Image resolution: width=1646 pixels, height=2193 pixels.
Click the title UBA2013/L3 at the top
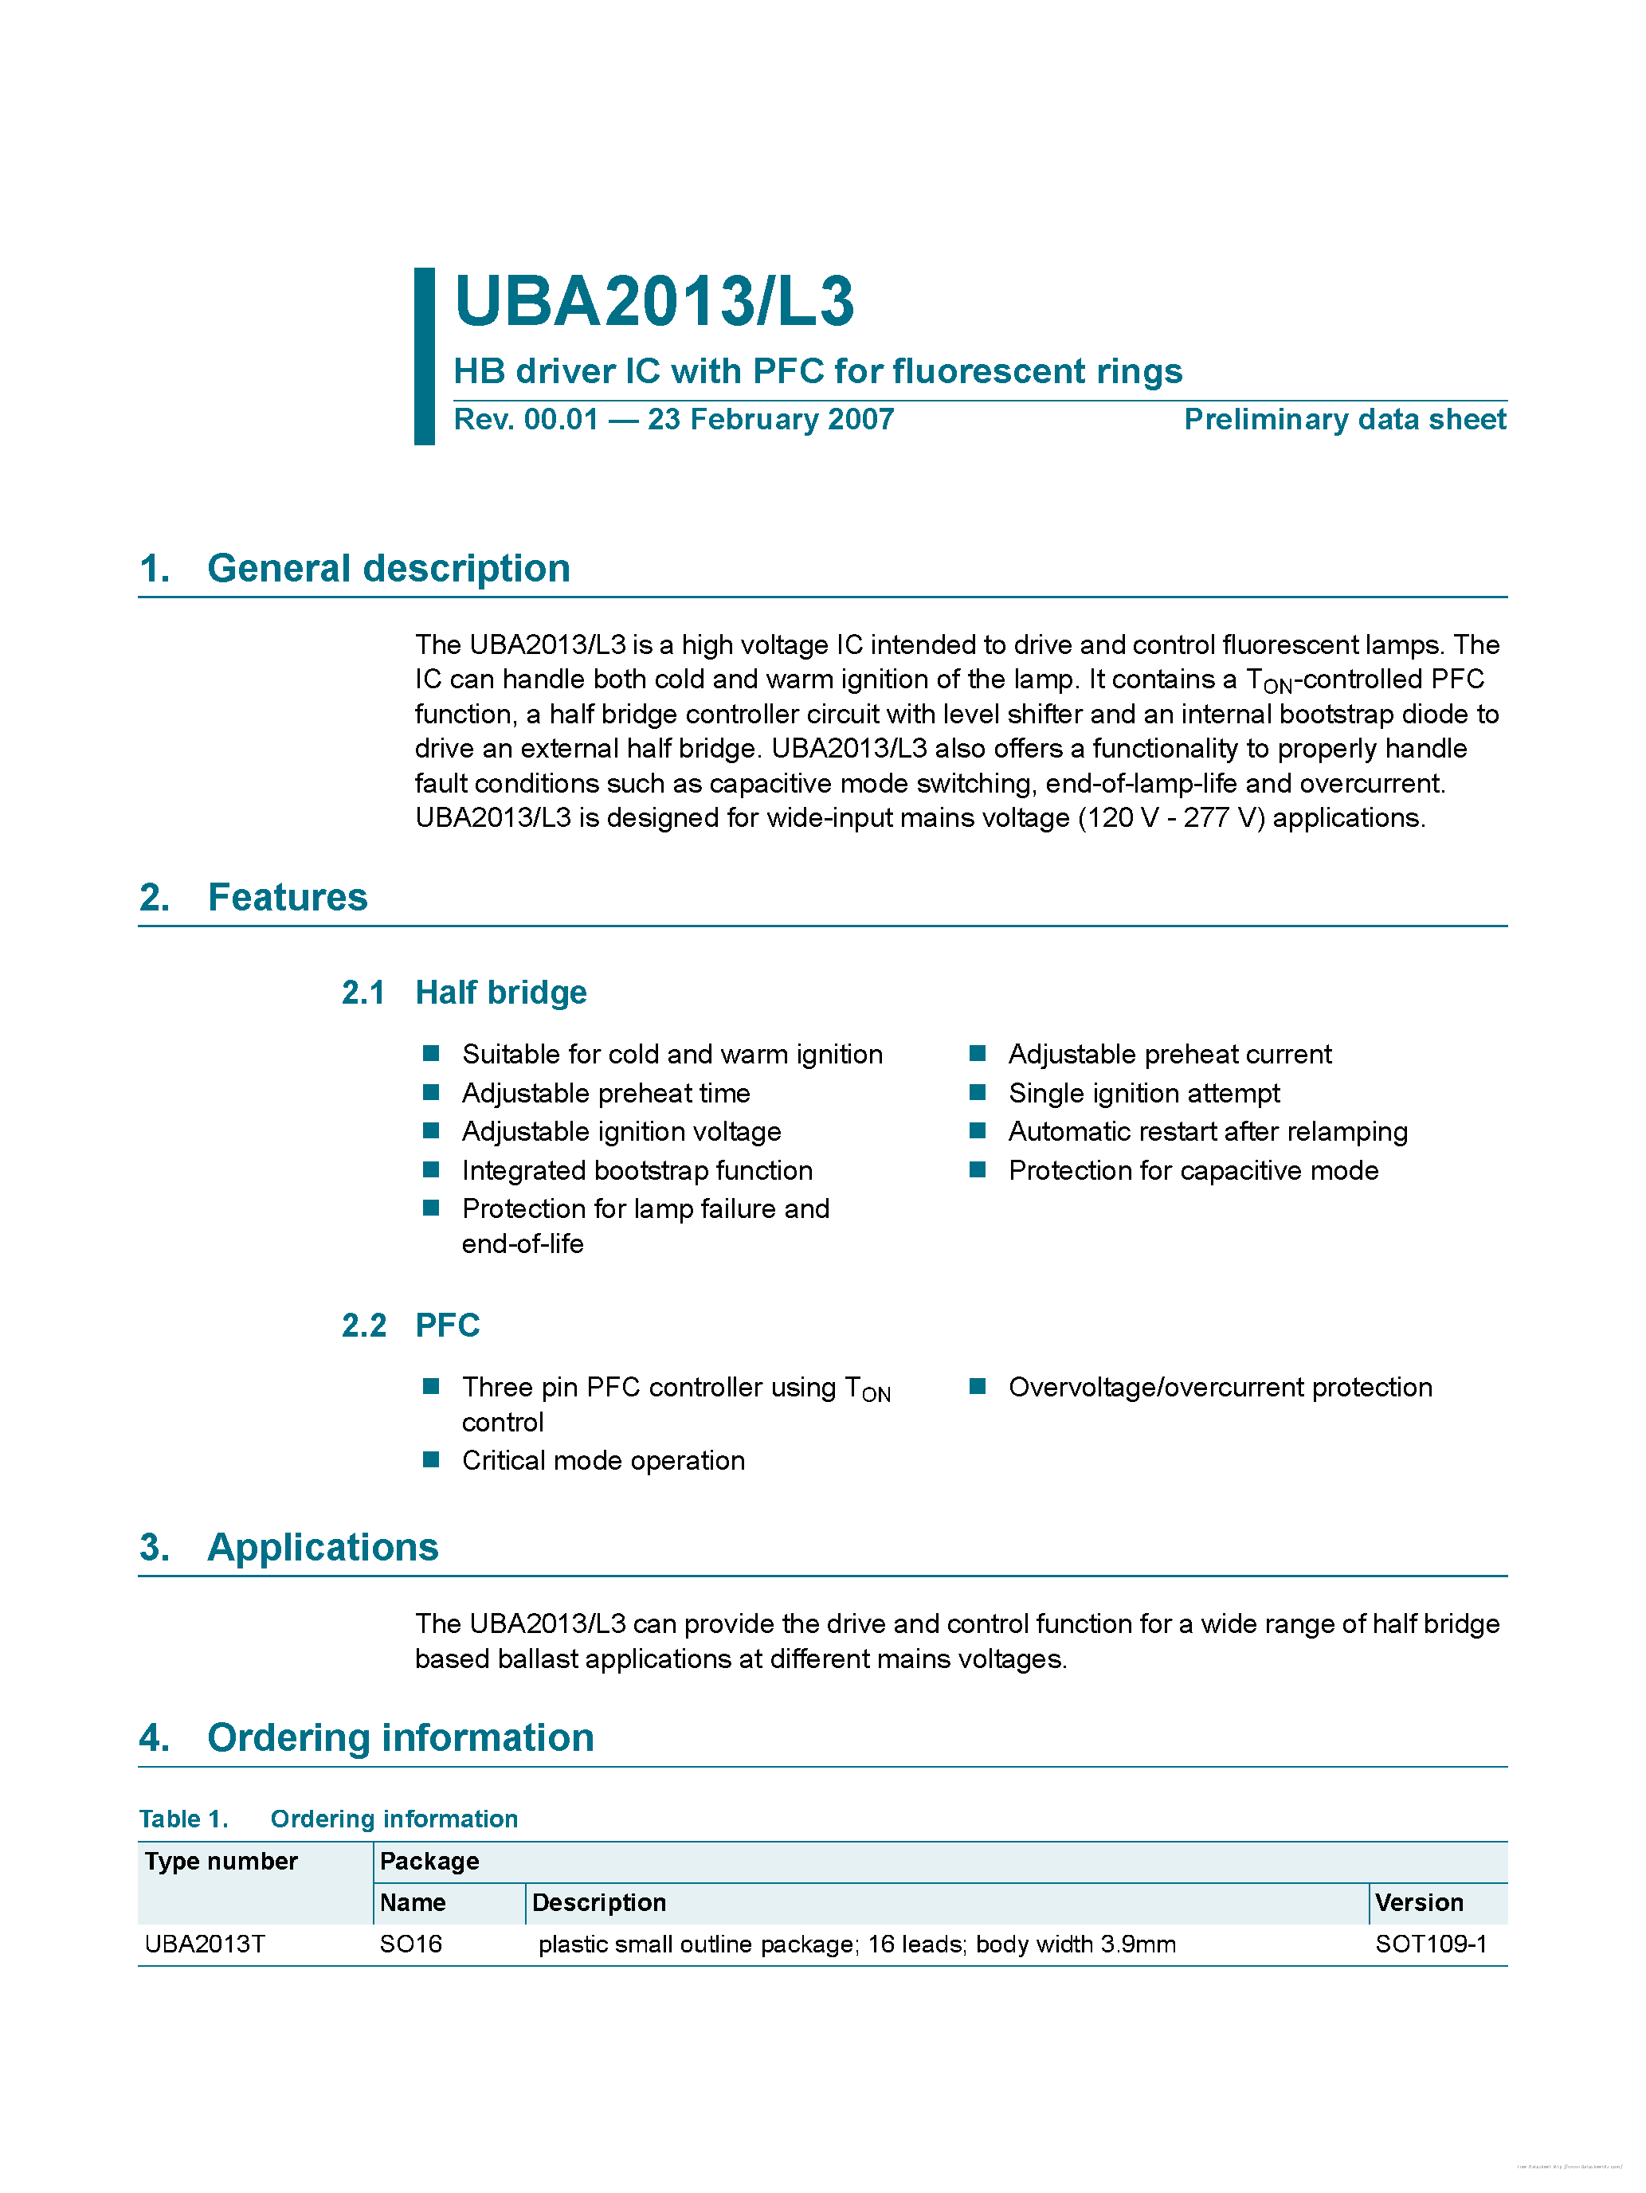(653, 301)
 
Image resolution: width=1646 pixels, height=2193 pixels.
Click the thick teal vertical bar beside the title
(425, 356)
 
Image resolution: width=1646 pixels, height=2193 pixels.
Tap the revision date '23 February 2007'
(770, 419)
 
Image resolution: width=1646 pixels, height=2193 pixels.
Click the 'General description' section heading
(388, 569)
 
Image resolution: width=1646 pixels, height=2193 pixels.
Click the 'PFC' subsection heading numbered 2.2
(447, 1326)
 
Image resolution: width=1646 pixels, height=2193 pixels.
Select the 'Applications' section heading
(322, 1548)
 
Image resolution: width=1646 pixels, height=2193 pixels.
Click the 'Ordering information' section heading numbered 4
(400, 1738)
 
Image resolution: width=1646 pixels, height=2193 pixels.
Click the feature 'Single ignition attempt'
(1143, 1094)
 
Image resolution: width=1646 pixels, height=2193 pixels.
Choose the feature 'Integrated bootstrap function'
(637, 1171)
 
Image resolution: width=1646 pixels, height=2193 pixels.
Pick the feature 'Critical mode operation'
(603, 1462)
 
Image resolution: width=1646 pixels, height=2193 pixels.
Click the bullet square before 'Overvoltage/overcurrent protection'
(978, 1387)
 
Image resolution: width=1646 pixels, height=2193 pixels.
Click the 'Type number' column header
(221, 1862)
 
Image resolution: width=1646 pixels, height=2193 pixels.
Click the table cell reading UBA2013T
(206, 1944)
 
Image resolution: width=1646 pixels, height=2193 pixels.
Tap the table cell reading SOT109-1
(1430, 1944)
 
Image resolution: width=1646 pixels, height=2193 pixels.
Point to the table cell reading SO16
(410, 1944)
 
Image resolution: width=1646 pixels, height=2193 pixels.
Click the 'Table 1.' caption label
(183, 1819)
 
